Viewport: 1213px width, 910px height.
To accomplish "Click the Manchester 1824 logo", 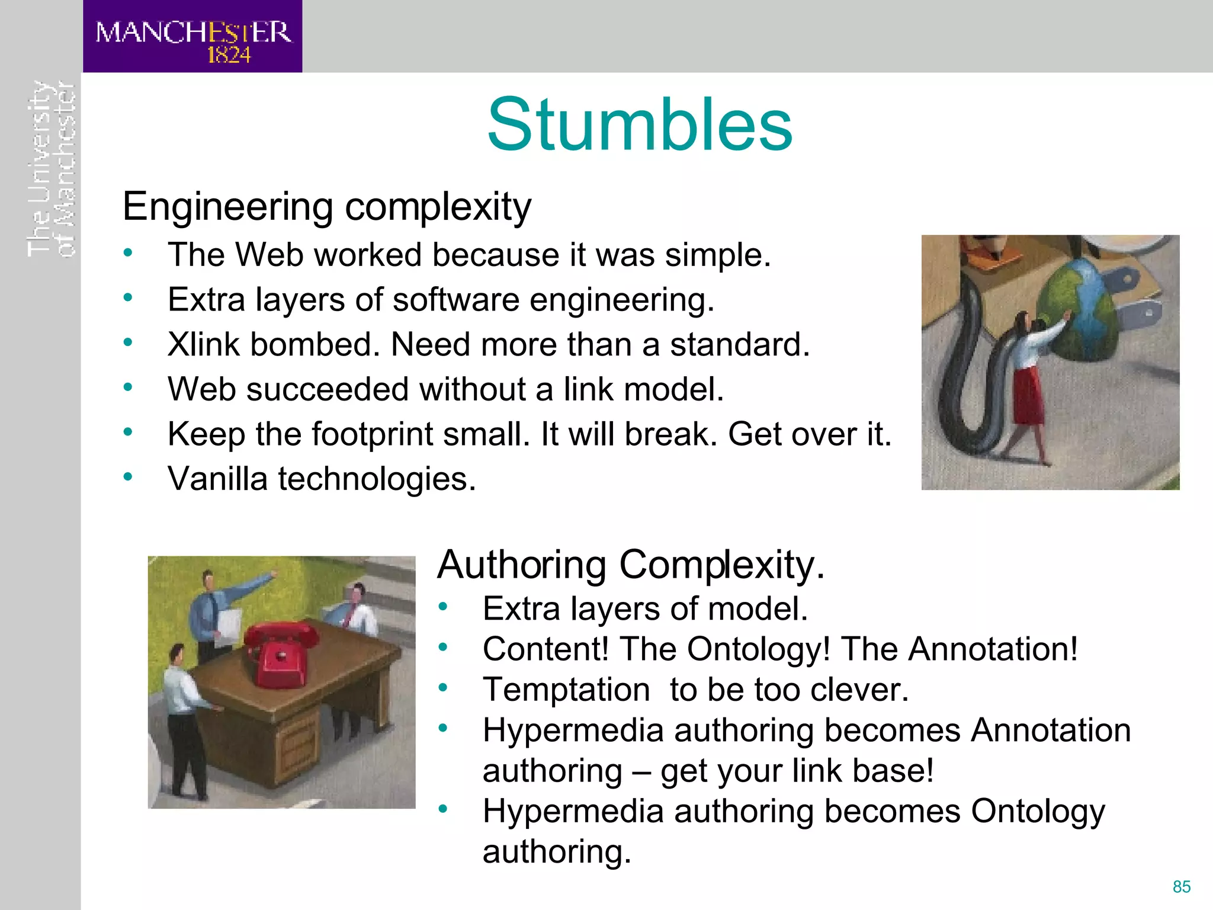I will (192, 37).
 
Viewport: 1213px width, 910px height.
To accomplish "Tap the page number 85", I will (1182, 886).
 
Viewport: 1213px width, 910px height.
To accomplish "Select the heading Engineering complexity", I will (326, 207).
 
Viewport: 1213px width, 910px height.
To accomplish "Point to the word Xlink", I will (203, 344).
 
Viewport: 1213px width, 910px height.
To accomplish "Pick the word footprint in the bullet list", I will (373, 434).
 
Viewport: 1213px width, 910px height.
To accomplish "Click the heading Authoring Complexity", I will (630, 565).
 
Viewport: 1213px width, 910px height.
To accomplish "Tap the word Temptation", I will (566, 690).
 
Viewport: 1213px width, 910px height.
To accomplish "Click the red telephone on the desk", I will (281, 655).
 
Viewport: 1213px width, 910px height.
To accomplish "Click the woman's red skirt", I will (1028, 394).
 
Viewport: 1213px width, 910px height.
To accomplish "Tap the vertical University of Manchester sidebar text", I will (52, 169).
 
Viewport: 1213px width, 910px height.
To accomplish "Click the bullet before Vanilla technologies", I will (128, 476).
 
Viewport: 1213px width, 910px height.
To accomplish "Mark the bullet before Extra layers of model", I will (443, 606).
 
